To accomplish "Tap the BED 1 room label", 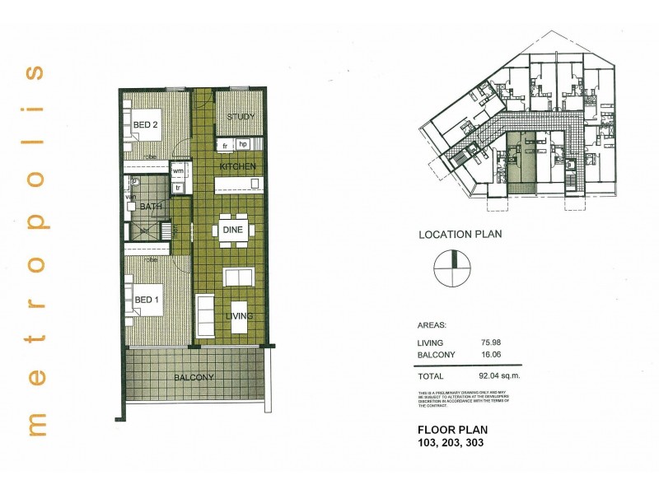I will click(145, 300).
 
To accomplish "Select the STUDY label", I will click(240, 117).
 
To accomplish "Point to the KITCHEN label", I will click(237, 167).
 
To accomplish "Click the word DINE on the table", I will click(232, 230).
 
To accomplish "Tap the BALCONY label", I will click(194, 378).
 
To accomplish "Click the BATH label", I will click(150, 206).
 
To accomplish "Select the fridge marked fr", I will click(224, 145).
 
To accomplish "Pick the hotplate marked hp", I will click(242, 145).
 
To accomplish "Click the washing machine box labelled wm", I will click(178, 171).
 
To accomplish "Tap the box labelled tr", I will click(178, 187).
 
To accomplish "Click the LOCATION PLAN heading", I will click(460, 233).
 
